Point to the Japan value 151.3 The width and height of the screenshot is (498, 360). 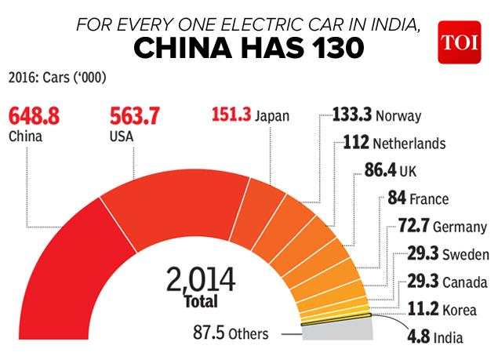click(x=231, y=115)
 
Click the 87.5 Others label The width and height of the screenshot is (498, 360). click(x=231, y=334)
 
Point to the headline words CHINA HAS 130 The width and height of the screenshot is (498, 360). click(x=248, y=49)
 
